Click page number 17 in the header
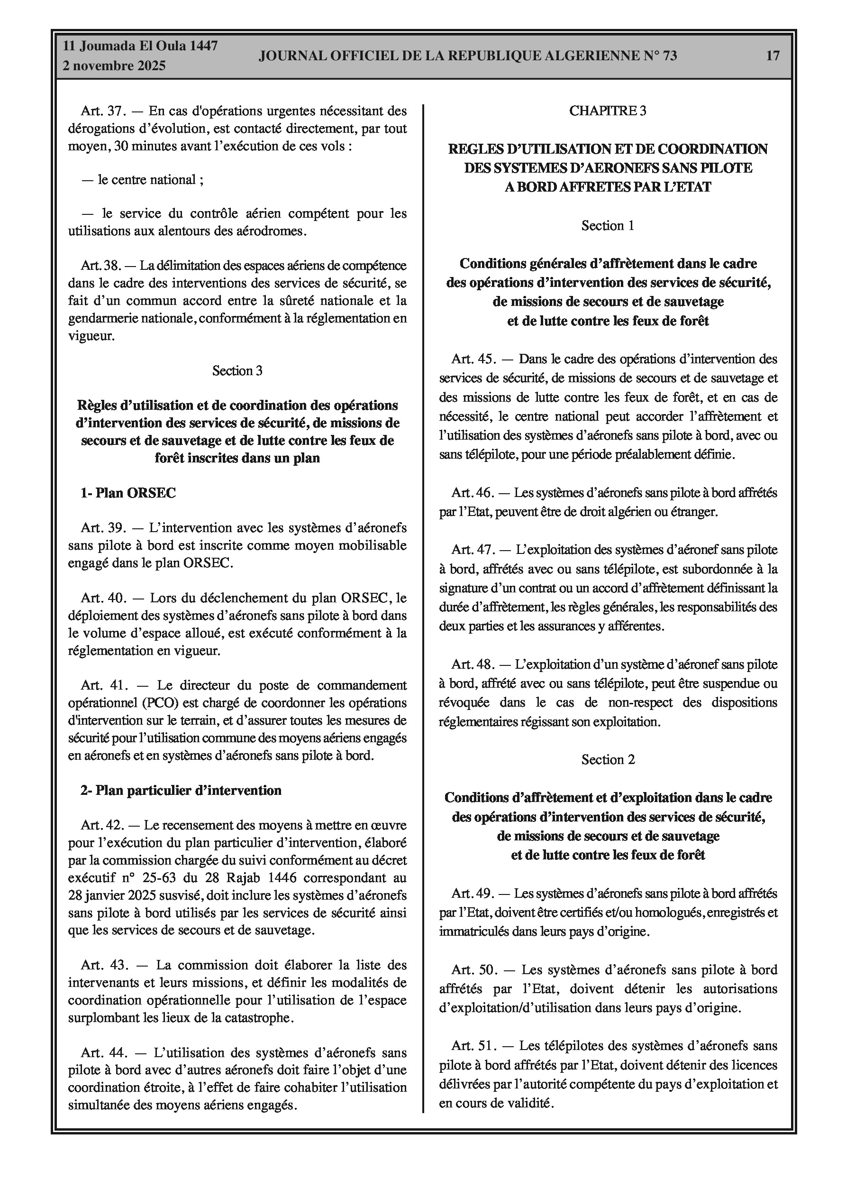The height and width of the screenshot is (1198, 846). pyautogui.click(x=773, y=55)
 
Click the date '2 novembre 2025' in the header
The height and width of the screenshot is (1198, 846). pyautogui.click(x=114, y=66)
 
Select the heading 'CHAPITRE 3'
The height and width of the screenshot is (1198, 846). pyautogui.click(x=608, y=111)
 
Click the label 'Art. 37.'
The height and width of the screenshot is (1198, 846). pyautogui.click(x=101, y=111)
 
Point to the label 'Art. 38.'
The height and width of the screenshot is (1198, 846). pyautogui.click(x=100, y=266)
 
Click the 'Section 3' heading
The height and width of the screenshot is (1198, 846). pyautogui.click(x=237, y=370)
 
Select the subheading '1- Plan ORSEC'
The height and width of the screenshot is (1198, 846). pyautogui.click(x=128, y=493)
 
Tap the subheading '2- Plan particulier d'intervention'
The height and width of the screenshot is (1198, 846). pyautogui.click(x=181, y=790)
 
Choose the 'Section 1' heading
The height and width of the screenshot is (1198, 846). pyautogui.click(x=608, y=225)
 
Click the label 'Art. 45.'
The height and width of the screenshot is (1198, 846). pyautogui.click(x=473, y=359)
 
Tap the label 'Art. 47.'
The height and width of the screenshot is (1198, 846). pyautogui.click(x=473, y=549)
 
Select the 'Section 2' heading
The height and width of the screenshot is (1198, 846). pyautogui.click(x=608, y=760)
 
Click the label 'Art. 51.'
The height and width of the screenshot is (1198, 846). pyautogui.click(x=473, y=1046)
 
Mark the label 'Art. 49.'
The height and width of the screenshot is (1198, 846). pyautogui.click(x=472, y=893)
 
